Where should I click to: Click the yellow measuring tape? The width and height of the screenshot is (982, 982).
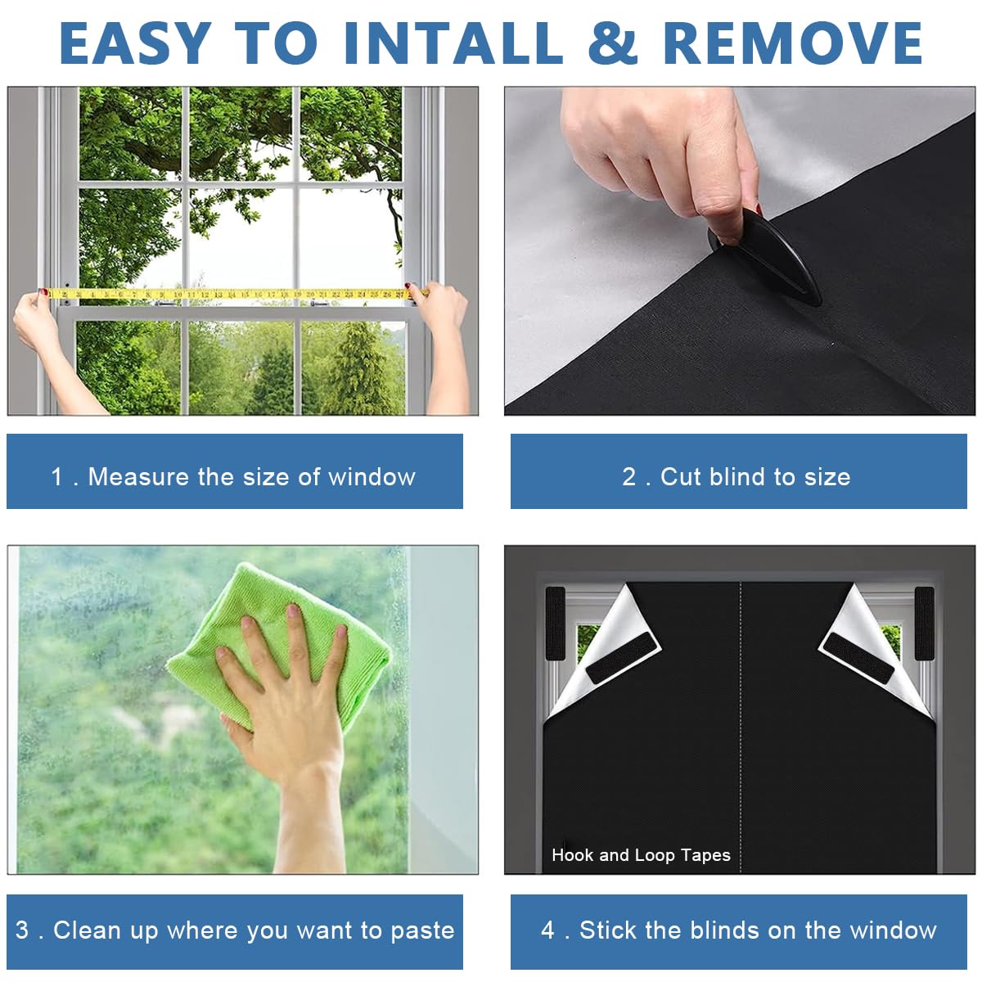coord(237,293)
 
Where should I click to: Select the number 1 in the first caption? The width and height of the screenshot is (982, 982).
coord(56,477)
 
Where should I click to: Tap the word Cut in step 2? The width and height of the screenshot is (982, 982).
coord(680,477)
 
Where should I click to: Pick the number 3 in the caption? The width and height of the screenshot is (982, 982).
coord(22,930)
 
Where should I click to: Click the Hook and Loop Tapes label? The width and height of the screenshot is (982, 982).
coord(641,855)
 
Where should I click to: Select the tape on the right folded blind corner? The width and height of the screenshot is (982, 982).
coord(858,659)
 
